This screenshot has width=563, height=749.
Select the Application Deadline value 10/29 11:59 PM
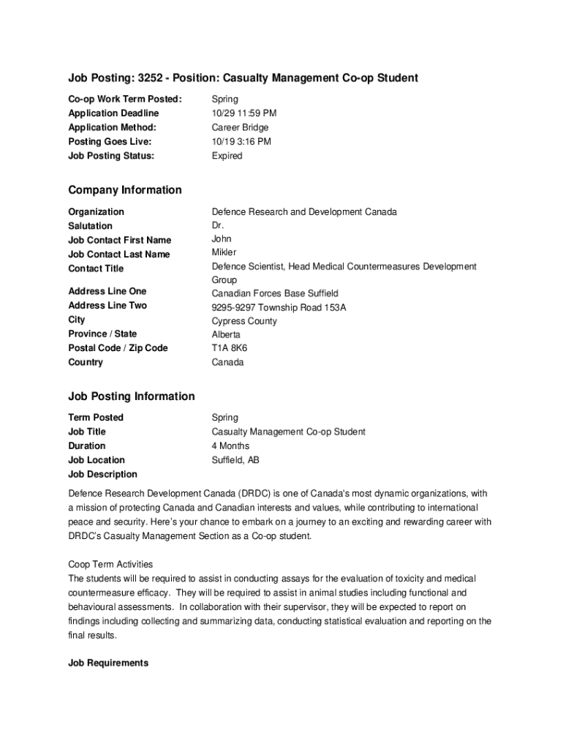244,113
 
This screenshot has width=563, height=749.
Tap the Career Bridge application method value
240,127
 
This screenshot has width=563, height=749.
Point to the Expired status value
227,156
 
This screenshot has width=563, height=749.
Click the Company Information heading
125,190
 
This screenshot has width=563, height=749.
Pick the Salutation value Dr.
218,226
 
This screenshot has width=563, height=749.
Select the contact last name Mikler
224,252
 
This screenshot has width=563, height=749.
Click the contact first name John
222,238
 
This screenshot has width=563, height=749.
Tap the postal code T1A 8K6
230,348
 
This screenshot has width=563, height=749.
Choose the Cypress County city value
244,321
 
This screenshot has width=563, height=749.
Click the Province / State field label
102,334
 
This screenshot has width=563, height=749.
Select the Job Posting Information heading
132,396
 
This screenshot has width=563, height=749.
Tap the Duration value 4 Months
230,446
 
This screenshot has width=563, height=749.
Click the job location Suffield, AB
235,460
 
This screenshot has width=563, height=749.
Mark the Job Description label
102,475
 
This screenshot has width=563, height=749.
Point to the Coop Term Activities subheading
110,564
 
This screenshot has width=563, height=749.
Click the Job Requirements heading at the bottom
108,663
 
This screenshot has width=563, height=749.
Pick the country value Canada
228,363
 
